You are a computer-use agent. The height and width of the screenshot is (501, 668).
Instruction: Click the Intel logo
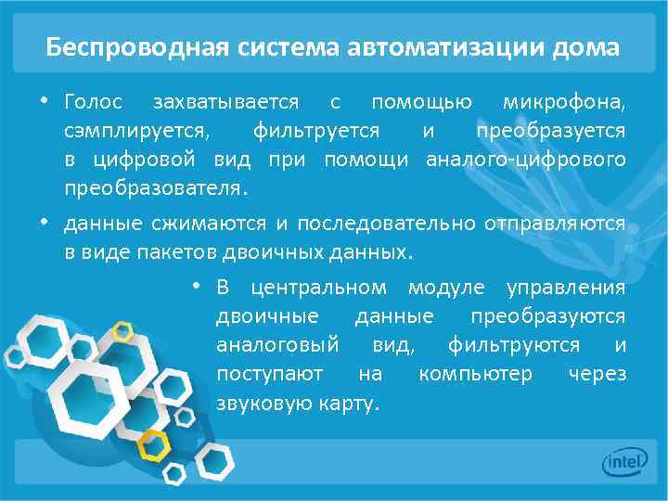click(623, 461)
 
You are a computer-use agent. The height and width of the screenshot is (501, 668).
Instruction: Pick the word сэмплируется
click(123, 130)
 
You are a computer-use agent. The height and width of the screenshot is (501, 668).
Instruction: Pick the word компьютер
click(475, 374)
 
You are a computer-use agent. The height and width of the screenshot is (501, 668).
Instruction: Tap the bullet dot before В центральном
click(197, 286)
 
